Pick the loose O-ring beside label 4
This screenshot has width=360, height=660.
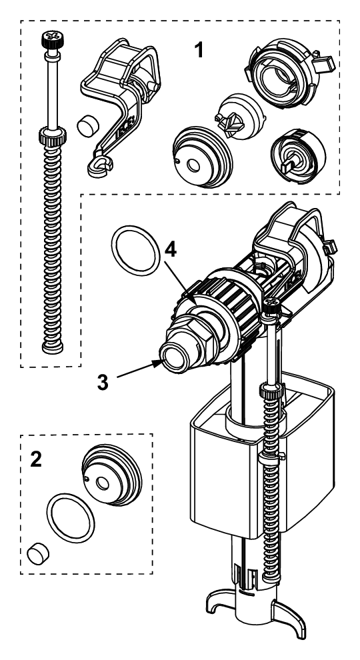click(133, 250)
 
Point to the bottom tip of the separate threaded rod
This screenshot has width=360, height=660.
click(48, 347)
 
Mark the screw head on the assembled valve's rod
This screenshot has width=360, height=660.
click(271, 306)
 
